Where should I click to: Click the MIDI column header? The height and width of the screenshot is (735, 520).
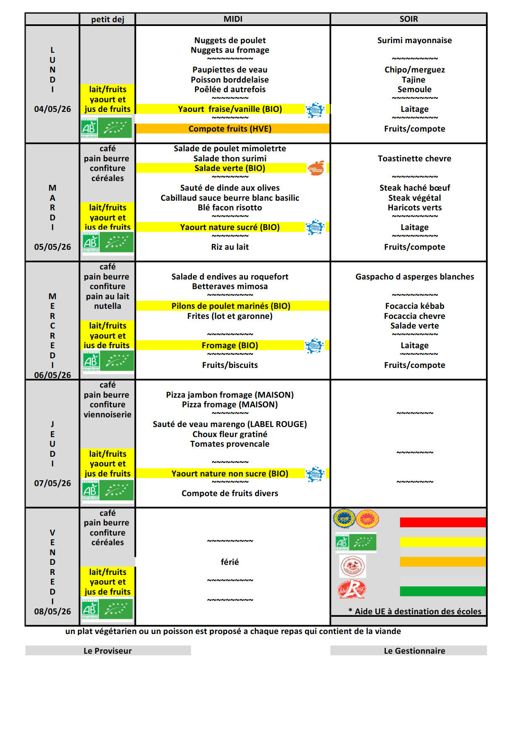click(x=233, y=19)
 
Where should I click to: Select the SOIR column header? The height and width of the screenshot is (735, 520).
click(x=408, y=19)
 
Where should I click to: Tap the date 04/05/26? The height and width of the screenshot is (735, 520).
click(x=52, y=109)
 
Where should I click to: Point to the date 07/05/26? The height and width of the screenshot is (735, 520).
click(x=52, y=483)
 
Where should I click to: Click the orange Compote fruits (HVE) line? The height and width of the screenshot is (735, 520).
click(x=230, y=129)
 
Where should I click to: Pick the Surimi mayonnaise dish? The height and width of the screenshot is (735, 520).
click(x=414, y=40)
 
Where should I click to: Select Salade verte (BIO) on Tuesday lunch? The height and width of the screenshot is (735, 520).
click(x=230, y=168)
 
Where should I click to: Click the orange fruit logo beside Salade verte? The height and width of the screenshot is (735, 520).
click(x=316, y=168)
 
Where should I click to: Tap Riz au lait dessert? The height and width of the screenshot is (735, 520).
click(x=230, y=247)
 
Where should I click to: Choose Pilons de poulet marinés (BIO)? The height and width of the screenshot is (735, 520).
click(x=231, y=306)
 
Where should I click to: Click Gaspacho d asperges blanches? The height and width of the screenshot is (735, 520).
click(x=414, y=277)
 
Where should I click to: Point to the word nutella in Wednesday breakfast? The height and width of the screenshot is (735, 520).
click(x=107, y=306)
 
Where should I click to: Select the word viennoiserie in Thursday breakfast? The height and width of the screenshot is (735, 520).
click(x=107, y=414)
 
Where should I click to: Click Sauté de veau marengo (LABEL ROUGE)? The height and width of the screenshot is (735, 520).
click(x=230, y=424)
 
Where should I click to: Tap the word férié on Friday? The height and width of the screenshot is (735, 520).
click(x=230, y=562)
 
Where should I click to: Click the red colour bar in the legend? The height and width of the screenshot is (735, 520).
click(x=442, y=522)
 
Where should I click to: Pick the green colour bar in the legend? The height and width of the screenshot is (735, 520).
click(x=442, y=591)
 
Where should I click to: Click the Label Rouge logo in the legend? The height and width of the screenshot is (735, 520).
click(x=352, y=589)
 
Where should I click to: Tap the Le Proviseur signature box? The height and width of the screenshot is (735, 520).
click(x=108, y=650)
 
